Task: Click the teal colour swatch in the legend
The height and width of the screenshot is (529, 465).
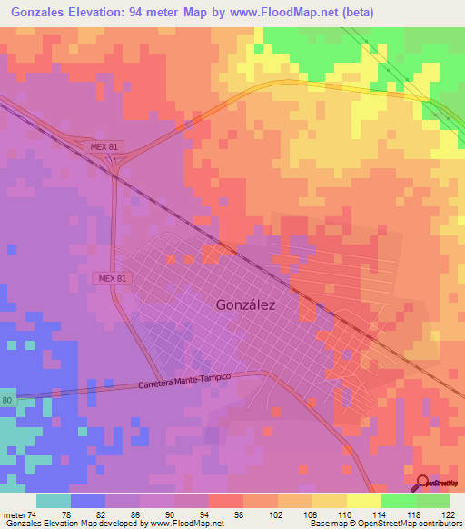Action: click(54, 501)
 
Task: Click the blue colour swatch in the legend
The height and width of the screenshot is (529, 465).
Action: click(88, 501)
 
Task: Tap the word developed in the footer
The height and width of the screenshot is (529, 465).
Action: click(112, 524)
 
